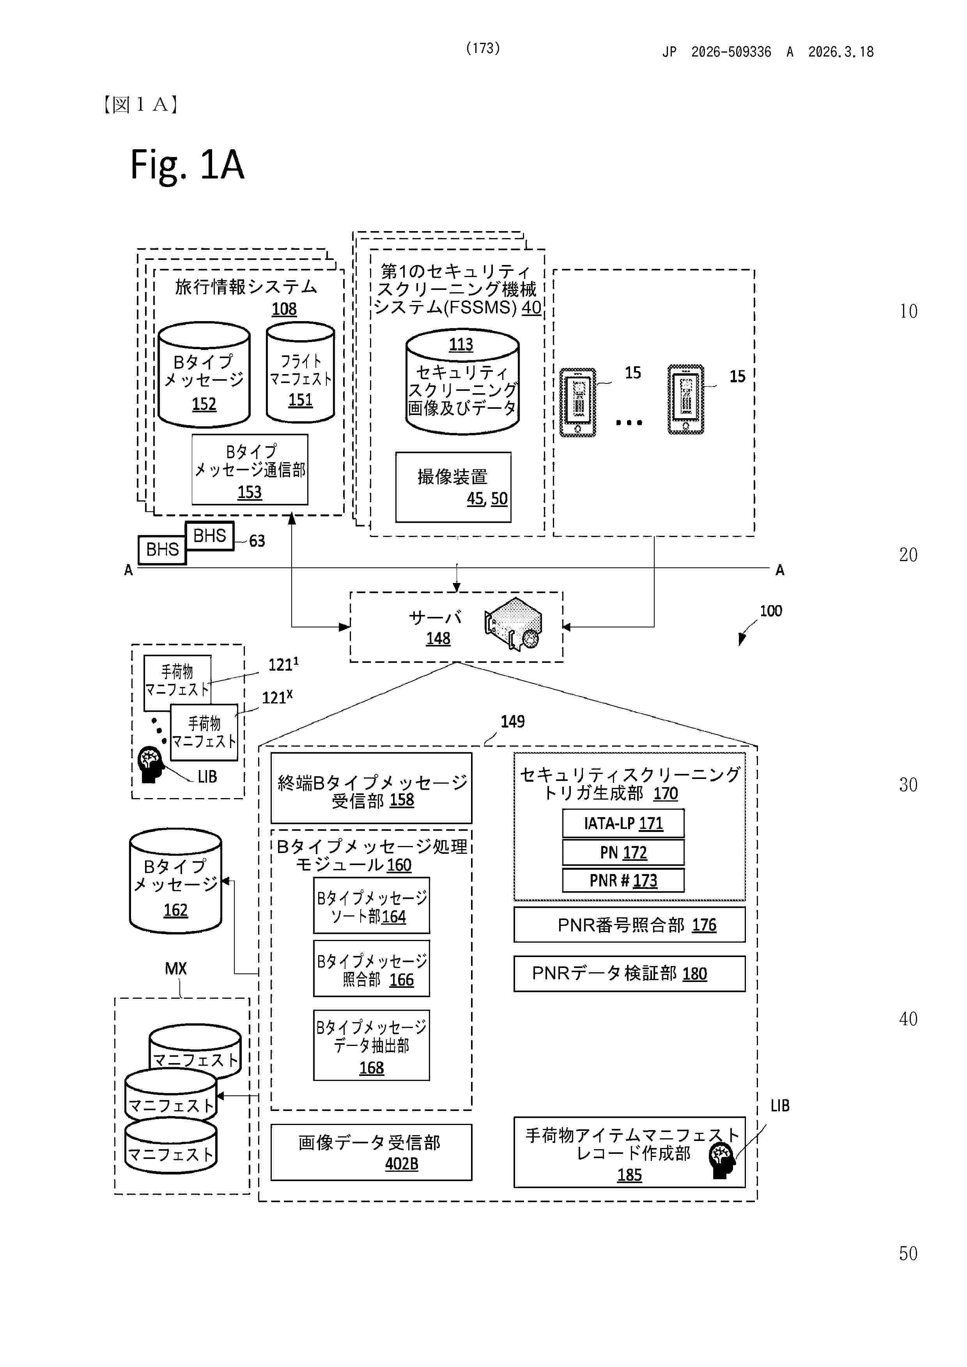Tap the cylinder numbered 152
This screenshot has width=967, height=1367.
tap(204, 375)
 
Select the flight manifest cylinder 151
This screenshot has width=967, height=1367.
tap(300, 373)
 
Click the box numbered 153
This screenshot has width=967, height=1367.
tap(250, 470)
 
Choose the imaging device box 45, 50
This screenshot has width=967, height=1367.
tap(453, 487)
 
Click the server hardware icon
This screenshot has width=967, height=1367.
tap(514, 624)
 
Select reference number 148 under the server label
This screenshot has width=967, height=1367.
tap(438, 639)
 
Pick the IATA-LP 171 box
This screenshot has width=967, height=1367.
tap(623, 823)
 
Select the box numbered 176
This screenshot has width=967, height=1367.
tap(629, 925)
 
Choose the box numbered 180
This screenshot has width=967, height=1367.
tap(629, 973)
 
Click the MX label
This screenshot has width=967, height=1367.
tap(176, 969)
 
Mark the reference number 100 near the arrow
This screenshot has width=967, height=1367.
tap(770, 611)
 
